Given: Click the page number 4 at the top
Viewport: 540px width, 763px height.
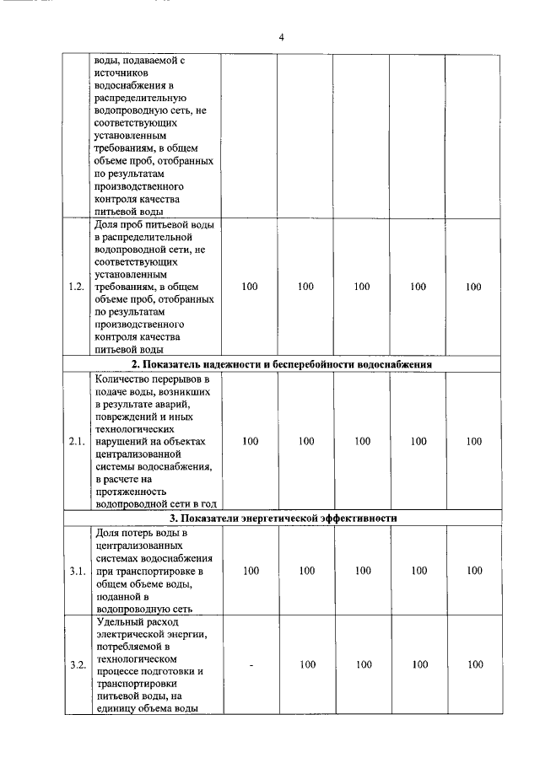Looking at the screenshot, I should point(281,38).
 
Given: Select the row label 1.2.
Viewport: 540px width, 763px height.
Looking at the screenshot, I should point(77,287).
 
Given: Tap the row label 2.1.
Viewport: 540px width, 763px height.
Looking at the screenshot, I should point(77,441).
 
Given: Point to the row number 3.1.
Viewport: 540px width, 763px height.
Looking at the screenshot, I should point(77,571).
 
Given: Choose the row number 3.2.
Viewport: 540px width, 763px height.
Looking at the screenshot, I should point(77,664).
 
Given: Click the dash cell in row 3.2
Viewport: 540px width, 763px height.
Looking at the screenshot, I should point(251,664).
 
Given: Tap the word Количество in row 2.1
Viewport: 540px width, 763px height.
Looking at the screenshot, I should point(123,379).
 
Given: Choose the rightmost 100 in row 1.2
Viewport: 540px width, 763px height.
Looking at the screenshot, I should point(473,287).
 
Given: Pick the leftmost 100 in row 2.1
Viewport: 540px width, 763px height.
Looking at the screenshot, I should point(251,441).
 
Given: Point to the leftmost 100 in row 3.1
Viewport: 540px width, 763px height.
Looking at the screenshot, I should point(251,571).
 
